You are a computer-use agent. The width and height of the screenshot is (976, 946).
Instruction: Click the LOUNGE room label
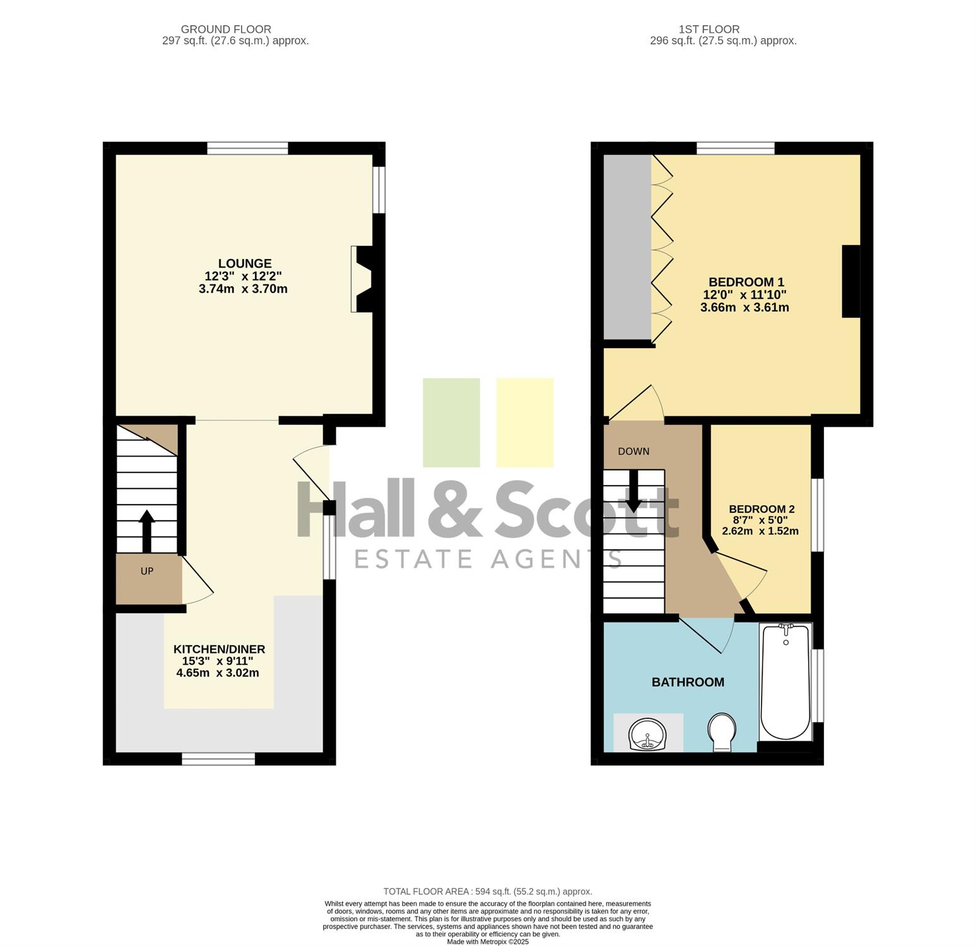[245, 264]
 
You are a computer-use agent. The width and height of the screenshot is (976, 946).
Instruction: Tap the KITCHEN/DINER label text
[219, 649]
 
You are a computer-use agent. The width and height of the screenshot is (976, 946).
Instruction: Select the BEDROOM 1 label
[746, 282]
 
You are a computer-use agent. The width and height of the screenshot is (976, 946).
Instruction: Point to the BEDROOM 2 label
[761, 509]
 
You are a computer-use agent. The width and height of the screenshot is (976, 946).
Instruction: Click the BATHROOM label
[688, 682]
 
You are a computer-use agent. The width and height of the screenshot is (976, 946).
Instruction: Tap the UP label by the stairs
[147, 571]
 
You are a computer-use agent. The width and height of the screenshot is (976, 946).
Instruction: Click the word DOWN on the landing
[633, 451]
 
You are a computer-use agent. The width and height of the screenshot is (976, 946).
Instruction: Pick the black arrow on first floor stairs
[633, 491]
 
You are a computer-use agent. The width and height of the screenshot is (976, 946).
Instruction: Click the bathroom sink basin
[647, 735]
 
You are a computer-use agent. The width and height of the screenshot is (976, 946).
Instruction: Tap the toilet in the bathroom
[722, 732]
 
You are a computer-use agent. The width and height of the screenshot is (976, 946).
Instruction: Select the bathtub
[785, 681]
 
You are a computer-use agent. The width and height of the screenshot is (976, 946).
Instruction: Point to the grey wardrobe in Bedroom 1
[627, 247]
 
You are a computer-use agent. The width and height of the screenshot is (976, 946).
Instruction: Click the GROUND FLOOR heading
[226, 29]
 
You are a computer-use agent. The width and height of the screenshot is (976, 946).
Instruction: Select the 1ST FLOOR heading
[709, 29]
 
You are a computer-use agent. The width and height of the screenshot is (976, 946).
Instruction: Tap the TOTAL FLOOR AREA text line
[488, 891]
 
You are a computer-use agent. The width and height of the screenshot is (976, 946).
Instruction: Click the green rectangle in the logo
[451, 423]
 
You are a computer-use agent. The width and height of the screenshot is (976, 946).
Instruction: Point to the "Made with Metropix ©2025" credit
[488, 942]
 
